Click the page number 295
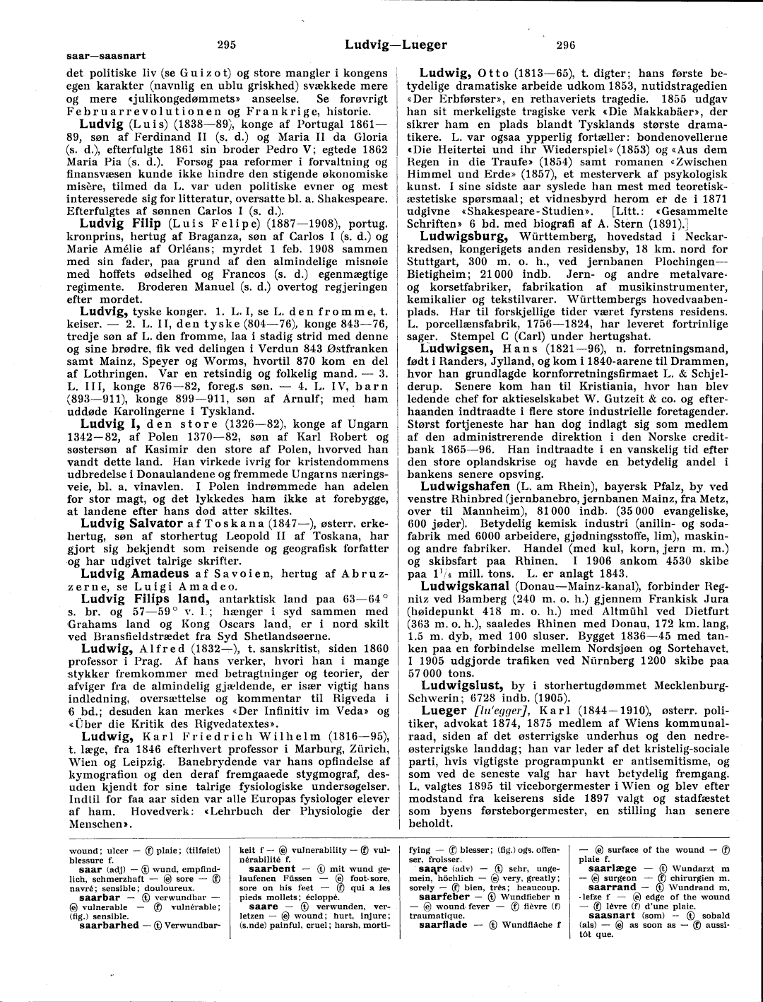[226, 45]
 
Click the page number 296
[566, 45]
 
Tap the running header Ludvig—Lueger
[396, 45]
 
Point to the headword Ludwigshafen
[465, 487]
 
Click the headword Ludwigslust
[462, 685]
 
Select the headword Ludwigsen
[456, 349]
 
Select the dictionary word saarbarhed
[110, 924]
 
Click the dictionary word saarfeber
[444, 896]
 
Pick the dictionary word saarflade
[443, 924]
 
